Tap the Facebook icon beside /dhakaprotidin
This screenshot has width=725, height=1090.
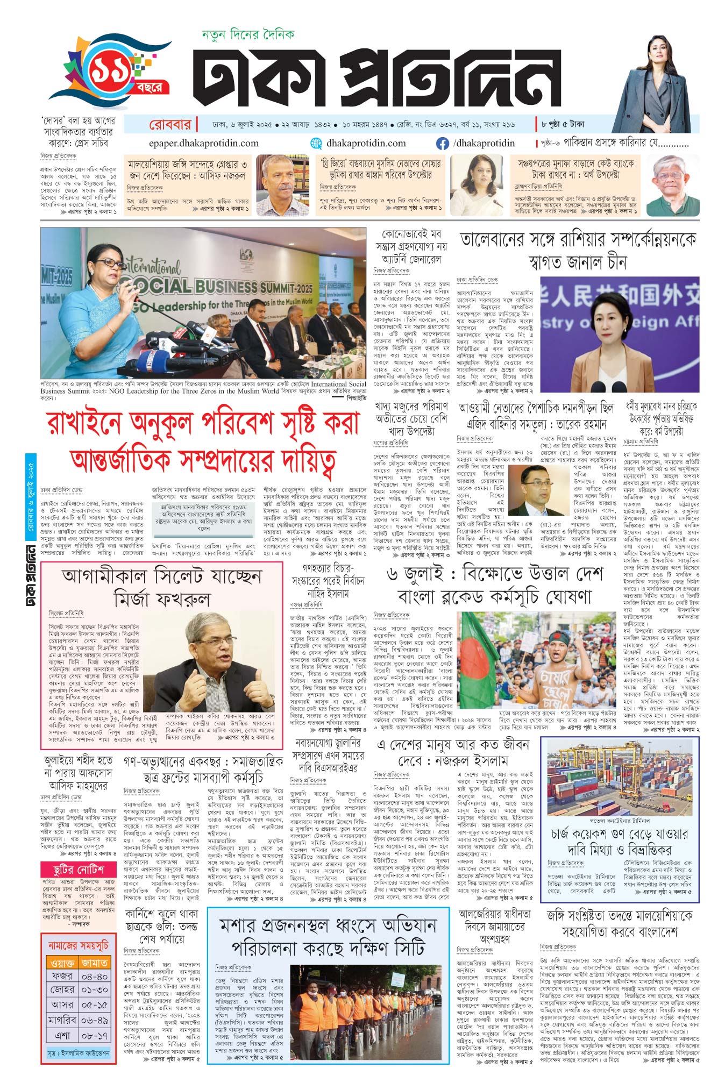coord(442,144)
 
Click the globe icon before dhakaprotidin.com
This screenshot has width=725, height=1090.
coord(316,144)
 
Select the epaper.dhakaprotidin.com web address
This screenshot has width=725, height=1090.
coord(203,144)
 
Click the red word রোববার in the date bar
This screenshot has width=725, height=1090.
coord(170,125)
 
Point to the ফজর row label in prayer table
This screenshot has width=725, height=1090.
coord(62,975)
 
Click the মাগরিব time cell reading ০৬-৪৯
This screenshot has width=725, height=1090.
coord(95,1020)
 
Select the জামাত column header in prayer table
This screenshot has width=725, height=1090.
coord(95,962)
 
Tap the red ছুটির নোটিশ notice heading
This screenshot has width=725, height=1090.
coord(79,870)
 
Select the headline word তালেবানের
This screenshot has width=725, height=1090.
coord(492,240)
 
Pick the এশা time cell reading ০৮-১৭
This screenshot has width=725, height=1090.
coord(95,1035)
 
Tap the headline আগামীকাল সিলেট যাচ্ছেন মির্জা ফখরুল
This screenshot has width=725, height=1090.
coord(162,587)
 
